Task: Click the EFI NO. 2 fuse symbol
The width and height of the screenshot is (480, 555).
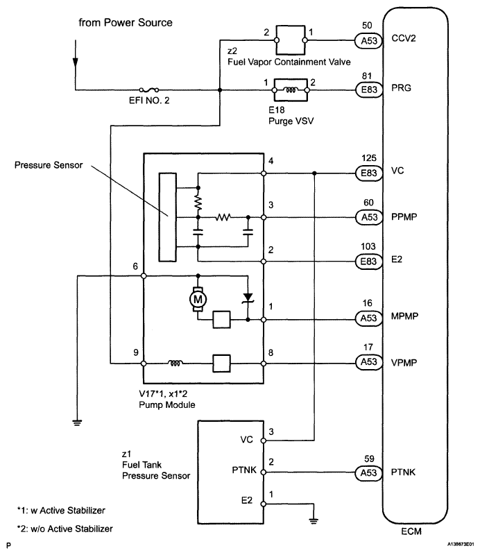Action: pyautogui.click(x=148, y=90)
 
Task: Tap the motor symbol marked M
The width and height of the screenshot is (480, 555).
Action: pyautogui.click(x=198, y=300)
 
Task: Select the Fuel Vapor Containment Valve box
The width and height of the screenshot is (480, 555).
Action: pyautogui.click(x=291, y=40)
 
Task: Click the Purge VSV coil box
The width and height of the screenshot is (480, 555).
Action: pyautogui.click(x=291, y=90)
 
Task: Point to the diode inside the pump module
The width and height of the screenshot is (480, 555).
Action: pyautogui.click(x=248, y=298)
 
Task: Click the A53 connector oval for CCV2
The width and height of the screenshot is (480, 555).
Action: pyautogui.click(x=369, y=41)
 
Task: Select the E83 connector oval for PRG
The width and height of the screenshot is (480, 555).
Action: pyautogui.click(x=369, y=89)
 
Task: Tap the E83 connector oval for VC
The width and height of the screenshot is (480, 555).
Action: pyautogui.click(x=369, y=173)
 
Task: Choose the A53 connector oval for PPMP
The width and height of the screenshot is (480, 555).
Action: pyautogui.click(x=369, y=217)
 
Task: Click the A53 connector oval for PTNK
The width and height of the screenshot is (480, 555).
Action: pyautogui.click(x=368, y=473)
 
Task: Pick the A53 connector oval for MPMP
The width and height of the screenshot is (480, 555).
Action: pyautogui.click(x=368, y=318)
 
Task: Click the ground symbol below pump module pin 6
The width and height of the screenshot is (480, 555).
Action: pyautogui.click(x=77, y=422)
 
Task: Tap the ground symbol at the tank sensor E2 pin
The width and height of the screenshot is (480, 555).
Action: pyautogui.click(x=314, y=521)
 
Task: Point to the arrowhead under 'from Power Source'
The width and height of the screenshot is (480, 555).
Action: pyautogui.click(x=76, y=62)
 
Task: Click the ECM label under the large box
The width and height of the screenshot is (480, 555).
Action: pyautogui.click(x=411, y=531)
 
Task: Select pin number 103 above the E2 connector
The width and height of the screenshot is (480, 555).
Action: pyautogui.click(x=368, y=246)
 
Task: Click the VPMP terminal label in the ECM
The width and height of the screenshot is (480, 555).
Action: pyautogui.click(x=404, y=363)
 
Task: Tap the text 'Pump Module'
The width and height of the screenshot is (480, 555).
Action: pyautogui.click(x=166, y=405)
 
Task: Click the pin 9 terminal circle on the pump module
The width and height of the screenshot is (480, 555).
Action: pyautogui.click(x=144, y=364)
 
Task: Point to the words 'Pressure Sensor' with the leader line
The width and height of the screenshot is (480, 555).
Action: pyautogui.click(x=49, y=165)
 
